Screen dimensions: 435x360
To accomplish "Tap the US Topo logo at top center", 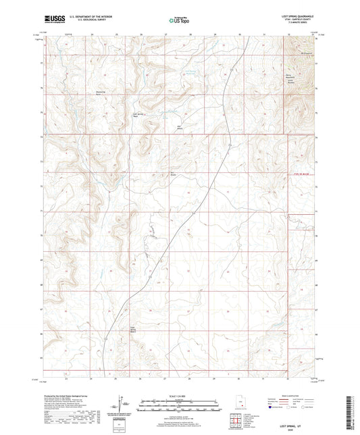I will (179, 20).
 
